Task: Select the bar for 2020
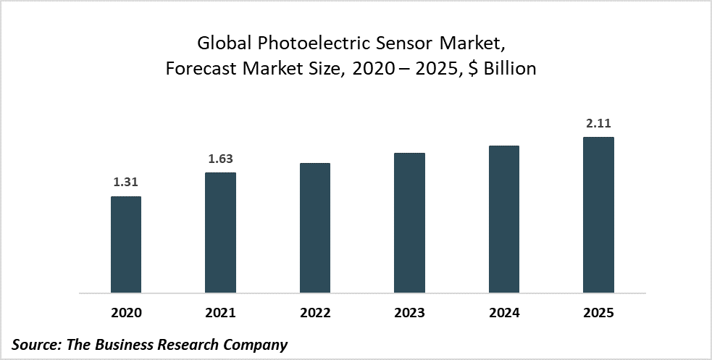(x=125, y=245)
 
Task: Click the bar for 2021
(x=220, y=233)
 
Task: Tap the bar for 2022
(x=314, y=228)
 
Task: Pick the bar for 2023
(x=409, y=223)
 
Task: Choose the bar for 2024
(x=504, y=219)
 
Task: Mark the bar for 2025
(x=598, y=215)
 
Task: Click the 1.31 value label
(x=125, y=183)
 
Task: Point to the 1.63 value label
(x=220, y=159)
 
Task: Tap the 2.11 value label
(x=598, y=124)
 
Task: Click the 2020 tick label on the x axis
(x=125, y=314)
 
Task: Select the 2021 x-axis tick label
(x=220, y=314)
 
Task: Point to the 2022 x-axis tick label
(x=314, y=314)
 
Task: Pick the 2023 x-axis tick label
(x=409, y=314)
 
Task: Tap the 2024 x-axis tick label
(x=504, y=314)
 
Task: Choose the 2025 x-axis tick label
(x=598, y=314)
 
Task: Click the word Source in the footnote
(x=35, y=345)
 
